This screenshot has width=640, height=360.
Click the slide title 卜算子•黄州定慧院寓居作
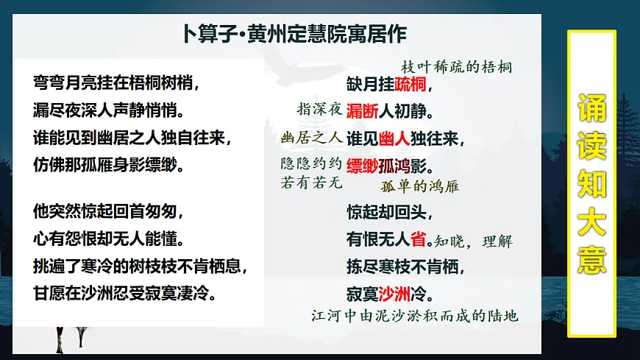pos(294,34)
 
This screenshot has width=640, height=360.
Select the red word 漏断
pos(363,111)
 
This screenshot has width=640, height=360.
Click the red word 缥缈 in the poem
pos(363,164)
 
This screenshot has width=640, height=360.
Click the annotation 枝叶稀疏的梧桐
pos(456,67)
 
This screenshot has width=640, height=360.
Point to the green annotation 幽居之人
pos(312,137)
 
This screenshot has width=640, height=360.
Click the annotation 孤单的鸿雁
pos(419,186)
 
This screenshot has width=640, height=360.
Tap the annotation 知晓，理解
pos(473,241)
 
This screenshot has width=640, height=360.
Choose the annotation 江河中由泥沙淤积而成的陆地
pos(415,316)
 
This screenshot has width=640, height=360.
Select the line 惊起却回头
pos(389,212)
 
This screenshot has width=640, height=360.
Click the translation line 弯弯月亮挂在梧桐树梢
pos(116,80)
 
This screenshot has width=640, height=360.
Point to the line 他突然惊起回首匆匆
pos(107,212)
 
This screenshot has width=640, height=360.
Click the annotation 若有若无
pos(312,183)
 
